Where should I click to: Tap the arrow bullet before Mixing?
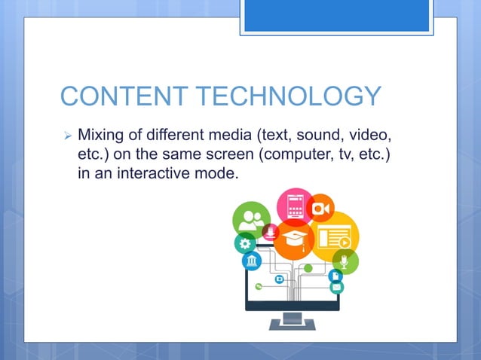[67, 138]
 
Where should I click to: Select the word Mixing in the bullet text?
[104, 136]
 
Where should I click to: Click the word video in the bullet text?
[370, 136]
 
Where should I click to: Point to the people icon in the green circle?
[251, 222]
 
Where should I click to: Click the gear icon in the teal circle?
[245, 244]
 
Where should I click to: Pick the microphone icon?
[345, 262]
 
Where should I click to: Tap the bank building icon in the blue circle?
[251, 261]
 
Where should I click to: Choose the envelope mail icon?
[337, 286]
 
